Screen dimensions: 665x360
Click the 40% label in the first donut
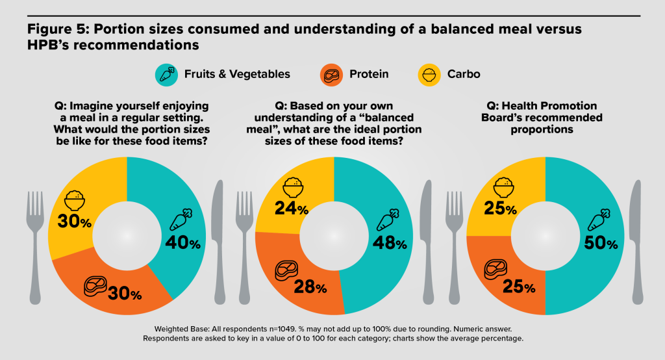coord(182,243)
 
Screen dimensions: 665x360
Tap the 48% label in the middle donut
coord(390,243)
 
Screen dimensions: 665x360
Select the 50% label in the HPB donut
coord(601,243)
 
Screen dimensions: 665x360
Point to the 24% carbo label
coord(292,208)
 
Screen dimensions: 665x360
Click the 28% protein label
coord(310,287)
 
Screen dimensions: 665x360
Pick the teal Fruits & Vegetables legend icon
coord(166,75)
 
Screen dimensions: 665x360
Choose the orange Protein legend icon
coord(331,75)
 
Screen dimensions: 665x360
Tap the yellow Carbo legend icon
coord(429,75)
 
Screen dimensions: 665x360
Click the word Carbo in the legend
coord(464,74)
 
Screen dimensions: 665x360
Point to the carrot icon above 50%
coord(599,220)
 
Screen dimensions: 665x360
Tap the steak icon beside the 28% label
coord(286,271)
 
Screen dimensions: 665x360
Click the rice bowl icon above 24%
coord(293,187)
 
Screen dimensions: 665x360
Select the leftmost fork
coord(35,248)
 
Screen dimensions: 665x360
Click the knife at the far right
coord(636,242)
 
